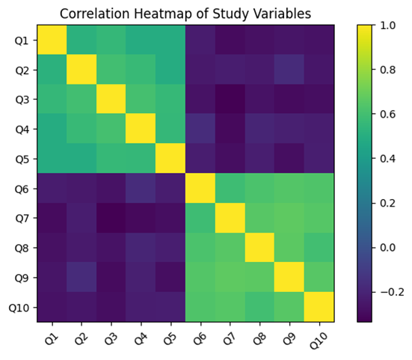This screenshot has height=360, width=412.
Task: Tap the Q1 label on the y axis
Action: coord(22,40)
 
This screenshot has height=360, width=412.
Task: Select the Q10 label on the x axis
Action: coord(319,340)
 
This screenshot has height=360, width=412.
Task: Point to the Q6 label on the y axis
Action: coord(22,189)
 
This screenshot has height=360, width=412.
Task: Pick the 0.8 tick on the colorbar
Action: coord(387,70)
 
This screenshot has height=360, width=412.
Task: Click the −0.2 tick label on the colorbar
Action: coord(391,293)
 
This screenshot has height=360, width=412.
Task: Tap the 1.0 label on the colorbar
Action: coord(387,25)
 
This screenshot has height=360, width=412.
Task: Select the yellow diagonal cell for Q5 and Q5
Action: coord(170,159)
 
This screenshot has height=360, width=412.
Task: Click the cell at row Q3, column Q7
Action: coord(230,99)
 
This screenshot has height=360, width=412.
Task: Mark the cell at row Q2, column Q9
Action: coord(289,69)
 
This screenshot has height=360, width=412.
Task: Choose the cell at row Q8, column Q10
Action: coord(319,248)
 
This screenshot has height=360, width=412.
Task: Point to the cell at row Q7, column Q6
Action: coord(200,218)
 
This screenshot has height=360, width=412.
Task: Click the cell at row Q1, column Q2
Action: coord(82,40)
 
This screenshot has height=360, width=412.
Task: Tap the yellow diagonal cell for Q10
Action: coord(319,307)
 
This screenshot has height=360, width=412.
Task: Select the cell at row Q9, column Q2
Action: coord(82,277)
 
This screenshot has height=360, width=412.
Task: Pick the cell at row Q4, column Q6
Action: coord(200,129)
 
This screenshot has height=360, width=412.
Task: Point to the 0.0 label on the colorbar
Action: coord(387,248)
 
